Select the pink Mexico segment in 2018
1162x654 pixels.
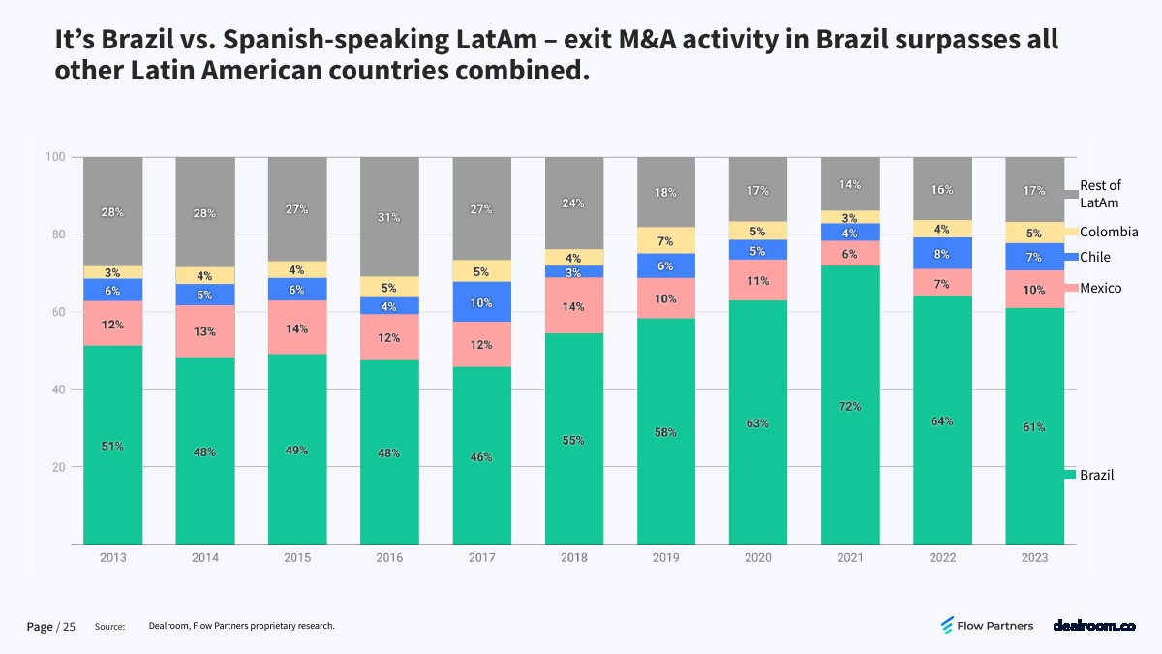tap(574, 305)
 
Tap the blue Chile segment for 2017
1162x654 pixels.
tap(482, 301)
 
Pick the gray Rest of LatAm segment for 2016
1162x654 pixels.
tap(389, 216)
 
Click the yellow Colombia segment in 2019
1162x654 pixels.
tap(665, 240)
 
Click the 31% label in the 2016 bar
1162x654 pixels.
tap(389, 217)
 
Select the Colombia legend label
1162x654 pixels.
tap(1109, 232)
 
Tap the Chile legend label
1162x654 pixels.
tap(1095, 257)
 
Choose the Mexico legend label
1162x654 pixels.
tap(1101, 288)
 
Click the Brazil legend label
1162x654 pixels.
tap(1096, 475)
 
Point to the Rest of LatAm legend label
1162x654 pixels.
tap(1100, 194)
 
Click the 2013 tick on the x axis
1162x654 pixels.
tap(113, 557)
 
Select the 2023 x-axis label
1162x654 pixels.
tap(1034, 557)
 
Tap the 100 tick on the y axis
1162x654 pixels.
tap(56, 157)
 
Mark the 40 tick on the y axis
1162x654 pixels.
tap(60, 389)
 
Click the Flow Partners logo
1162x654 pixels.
tap(988, 626)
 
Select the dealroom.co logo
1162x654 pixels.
tap(1094, 626)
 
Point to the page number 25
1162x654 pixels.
tap(69, 627)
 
